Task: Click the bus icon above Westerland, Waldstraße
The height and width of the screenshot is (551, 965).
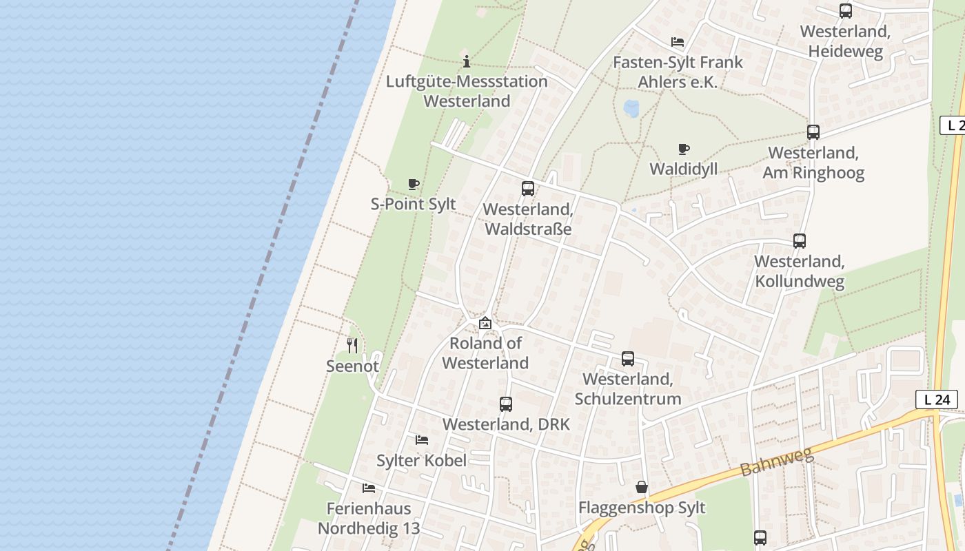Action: [x=528, y=189]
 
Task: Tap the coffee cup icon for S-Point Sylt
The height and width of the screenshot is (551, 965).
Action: [x=414, y=184]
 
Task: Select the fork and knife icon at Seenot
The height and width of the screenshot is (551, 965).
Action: [x=352, y=345]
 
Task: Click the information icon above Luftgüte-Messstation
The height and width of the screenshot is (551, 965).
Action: [x=467, y=61]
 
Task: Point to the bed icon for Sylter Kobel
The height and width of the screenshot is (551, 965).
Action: [x=422, y=440]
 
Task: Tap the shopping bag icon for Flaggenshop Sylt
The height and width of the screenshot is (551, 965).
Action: [x=642, y=488]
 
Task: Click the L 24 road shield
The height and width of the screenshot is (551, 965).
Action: [x=937, y=399]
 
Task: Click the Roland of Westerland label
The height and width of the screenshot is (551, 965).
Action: [x=485, y=353]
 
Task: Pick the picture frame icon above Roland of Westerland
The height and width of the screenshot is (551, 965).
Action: [x=485, y=323]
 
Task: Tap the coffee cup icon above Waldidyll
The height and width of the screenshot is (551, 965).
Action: [x=684, y=149]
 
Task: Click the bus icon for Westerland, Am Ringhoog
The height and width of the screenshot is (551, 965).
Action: [x=813, y=132]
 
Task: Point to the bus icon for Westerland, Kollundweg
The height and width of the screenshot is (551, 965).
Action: [x=800, y=241]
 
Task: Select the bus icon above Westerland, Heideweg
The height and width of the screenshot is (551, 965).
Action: [x=846, y=11]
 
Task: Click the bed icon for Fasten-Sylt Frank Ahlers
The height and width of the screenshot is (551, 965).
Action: [x=678, y=42]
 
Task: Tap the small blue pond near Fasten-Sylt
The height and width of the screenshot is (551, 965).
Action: [x=631, y=108]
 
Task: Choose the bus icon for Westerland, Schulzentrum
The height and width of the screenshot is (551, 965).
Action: [x=628, y=359]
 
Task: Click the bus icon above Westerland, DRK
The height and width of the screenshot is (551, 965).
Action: [x=506, y=404]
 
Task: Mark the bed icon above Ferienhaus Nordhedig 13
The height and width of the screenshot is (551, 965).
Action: [x=369, y=488]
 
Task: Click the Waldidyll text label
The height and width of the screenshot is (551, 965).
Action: [x=684, y=169]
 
